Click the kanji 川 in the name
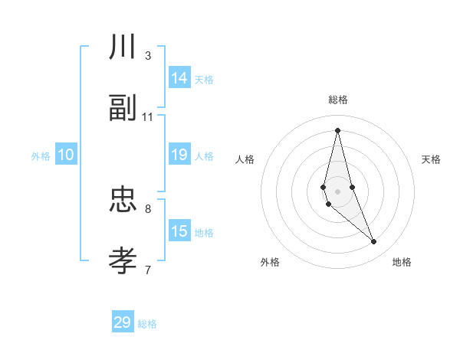123,47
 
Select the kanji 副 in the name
123,109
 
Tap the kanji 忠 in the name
123,200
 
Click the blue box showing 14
179,78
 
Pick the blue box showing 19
179,155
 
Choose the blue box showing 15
179,231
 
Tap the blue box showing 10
66,155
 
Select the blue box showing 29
123,322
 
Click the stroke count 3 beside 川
148,56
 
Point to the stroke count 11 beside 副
148,117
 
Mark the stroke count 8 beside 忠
148,208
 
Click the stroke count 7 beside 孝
148,270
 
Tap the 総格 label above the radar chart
338,100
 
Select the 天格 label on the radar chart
431,159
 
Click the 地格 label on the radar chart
402,262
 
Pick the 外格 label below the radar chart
270,262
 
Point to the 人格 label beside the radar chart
245,159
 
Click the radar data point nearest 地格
374,242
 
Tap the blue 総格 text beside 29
147,324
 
